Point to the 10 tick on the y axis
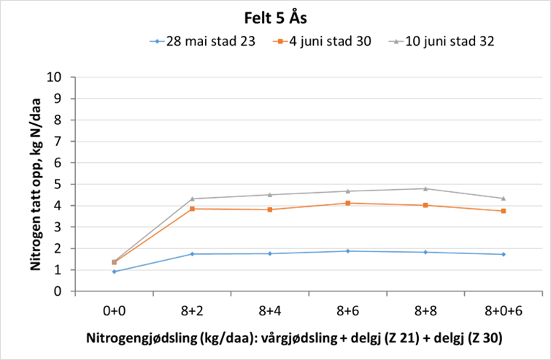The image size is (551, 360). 61,77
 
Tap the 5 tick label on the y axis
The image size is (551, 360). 64,184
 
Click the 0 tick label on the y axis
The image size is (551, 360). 64,291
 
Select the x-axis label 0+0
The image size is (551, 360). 115,310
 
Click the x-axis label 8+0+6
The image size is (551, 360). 504,310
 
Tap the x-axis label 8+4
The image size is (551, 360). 270,310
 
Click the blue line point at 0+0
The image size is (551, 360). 115,272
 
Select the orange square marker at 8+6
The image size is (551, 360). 348,203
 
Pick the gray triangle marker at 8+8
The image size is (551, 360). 425,188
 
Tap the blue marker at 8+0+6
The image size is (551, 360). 504,254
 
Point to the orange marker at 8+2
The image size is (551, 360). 193,209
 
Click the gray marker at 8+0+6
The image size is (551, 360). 504,198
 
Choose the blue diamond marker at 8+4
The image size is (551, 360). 270,253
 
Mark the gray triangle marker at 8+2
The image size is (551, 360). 193,199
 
